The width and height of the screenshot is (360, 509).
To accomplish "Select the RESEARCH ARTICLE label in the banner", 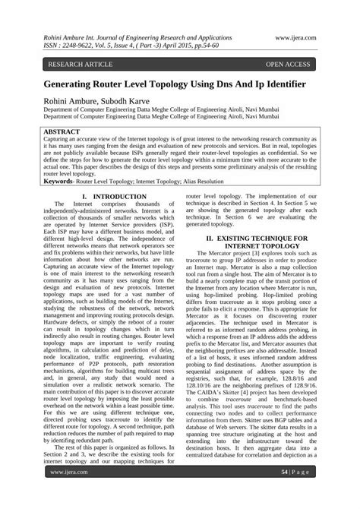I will (82, 65).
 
